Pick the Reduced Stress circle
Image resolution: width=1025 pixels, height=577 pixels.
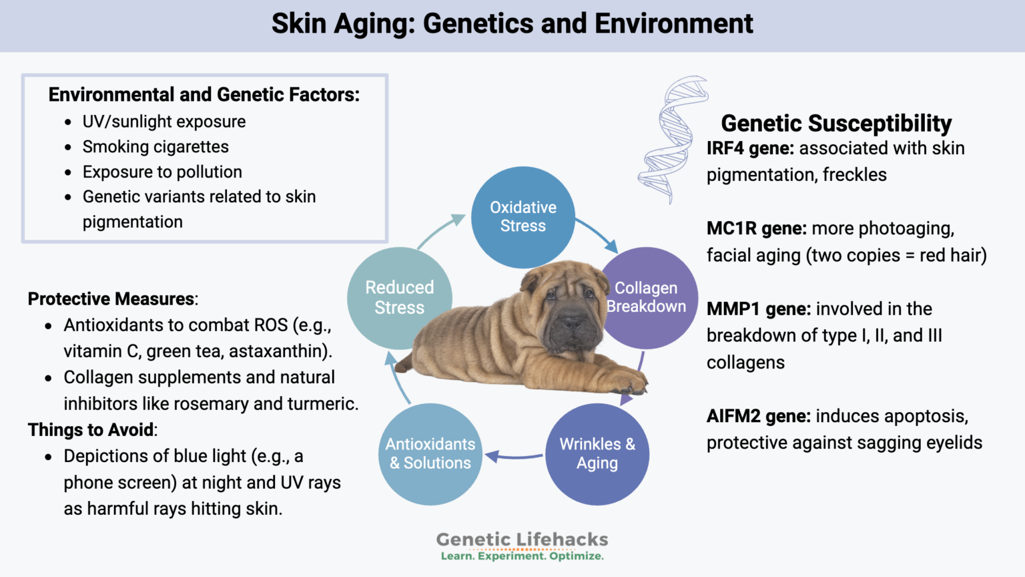point(399,298)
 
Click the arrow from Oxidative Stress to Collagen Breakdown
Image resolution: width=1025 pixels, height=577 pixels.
point(596,234)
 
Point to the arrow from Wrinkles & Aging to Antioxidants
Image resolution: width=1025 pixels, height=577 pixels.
point(514,457)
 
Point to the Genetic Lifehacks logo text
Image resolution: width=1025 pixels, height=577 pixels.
point(522,540)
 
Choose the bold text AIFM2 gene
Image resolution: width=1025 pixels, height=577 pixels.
point(758,416)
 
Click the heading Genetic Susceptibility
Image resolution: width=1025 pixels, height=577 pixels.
point(836,123)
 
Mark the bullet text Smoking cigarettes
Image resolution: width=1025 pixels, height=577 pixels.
point(155,147)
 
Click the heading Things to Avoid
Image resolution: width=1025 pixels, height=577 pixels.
point(91,429)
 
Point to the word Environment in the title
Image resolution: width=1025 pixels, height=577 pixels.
point(673,24)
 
